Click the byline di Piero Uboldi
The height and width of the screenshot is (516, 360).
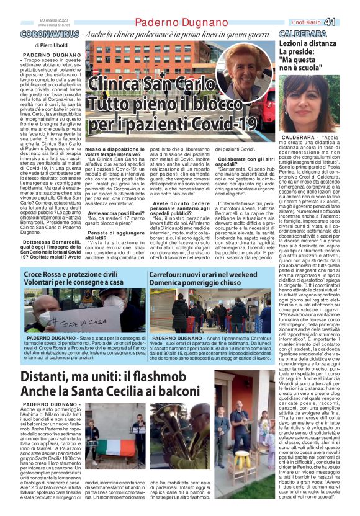53,46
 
